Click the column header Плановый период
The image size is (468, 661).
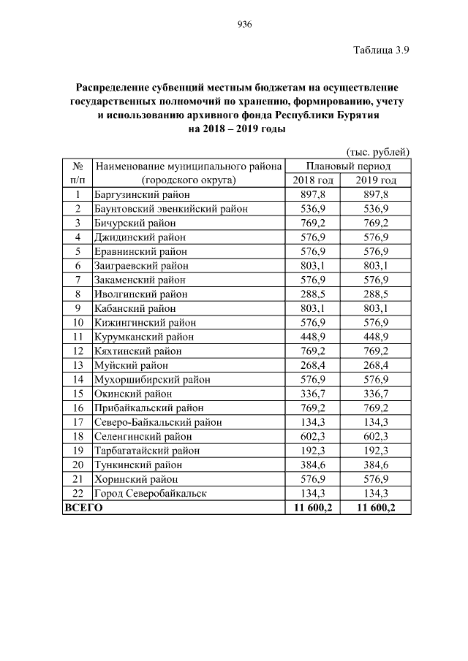click(x=347, y=167)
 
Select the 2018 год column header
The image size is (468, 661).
click(x=313, y=180)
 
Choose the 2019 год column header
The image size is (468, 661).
click(x=377, y=180)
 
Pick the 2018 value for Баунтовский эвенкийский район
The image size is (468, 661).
click(x=313, y=209)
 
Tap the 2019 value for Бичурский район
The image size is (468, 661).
click(x=377, y=223)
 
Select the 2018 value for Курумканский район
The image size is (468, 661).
click(x=313, y=337)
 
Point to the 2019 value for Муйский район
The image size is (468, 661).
click(x=377, y=365)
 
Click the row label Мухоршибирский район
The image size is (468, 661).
click(x=152, y=380)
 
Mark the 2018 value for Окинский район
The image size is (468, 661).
click(x=313, y=394)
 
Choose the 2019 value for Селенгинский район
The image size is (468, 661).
click(x=377, y=436)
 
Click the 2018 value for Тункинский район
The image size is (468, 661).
click(x=313, y=465)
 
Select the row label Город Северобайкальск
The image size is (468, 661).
click(x=151, y=493)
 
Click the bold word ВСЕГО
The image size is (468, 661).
click(x=84, y=508)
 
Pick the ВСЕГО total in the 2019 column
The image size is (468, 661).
click(x=377, y=508)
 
